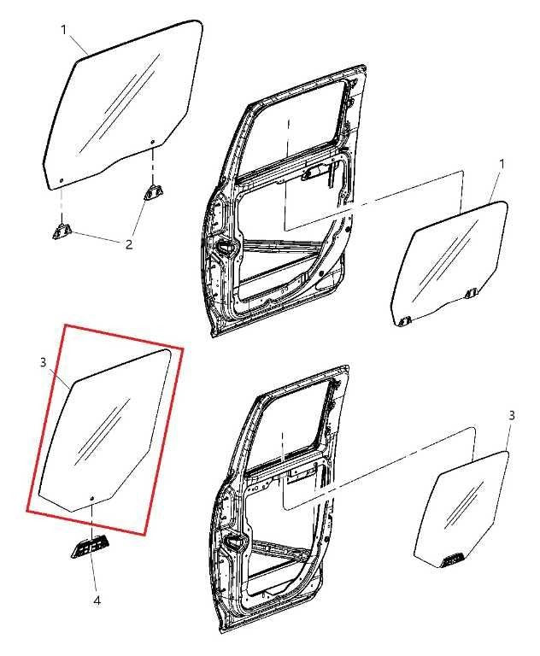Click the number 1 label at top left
pyautogui.click(x=64, y=30)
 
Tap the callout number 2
pyautogui.click(x=129, y=244)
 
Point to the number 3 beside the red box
pyautogui.click(x=43, y=363)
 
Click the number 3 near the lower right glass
pyautogui.click(x=511, y=416)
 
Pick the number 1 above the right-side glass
pyautogui.click(x=502, y=164)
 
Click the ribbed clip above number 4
pyautogui.click(x=91, y=546)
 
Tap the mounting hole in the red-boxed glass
pyautogui.click(x=91, y=498)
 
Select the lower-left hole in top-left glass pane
pyautogui.click(x=62, y=180)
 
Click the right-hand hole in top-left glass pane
pyautogui.click(x=152, y=143)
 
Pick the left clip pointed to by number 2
pyautogui.click(x=62, y=231)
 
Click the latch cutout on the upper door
pyautogui.click(x=227, y=248)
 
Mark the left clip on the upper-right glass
pyautogui.click(x=404, y=321)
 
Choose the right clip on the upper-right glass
pyautogui.click(x=471, y=294)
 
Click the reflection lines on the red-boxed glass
pyautogui.click(x=103, y=431)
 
